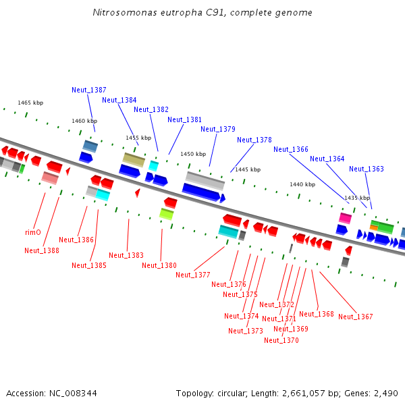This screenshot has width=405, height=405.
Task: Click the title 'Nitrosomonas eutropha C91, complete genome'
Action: [202, 13]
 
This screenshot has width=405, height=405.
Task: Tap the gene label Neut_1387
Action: [89, 90]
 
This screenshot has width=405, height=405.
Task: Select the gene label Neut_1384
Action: [119, 100]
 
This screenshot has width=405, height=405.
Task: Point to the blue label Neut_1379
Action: [218, 129]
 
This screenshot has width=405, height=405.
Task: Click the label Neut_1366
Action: [291, 149]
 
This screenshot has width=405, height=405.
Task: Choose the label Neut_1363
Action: [367, 169]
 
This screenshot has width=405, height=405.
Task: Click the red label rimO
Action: [33, 232]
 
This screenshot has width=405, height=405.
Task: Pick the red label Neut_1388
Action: [42, 250]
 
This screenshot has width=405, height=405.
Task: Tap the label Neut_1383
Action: [126, 255]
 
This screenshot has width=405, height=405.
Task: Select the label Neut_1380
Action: [159, 265]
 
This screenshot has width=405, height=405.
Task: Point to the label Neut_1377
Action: [193, 275]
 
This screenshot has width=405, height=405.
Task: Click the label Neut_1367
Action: [356, 317]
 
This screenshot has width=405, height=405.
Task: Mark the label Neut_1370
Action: [281, 340]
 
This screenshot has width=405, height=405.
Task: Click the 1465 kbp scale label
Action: [30, 103]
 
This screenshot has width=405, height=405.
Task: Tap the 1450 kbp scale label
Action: [192, 154]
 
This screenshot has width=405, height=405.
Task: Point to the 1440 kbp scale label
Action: [302, 184]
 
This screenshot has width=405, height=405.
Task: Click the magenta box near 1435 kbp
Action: [345, 218]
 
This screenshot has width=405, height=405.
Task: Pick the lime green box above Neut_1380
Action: [167, 214]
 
